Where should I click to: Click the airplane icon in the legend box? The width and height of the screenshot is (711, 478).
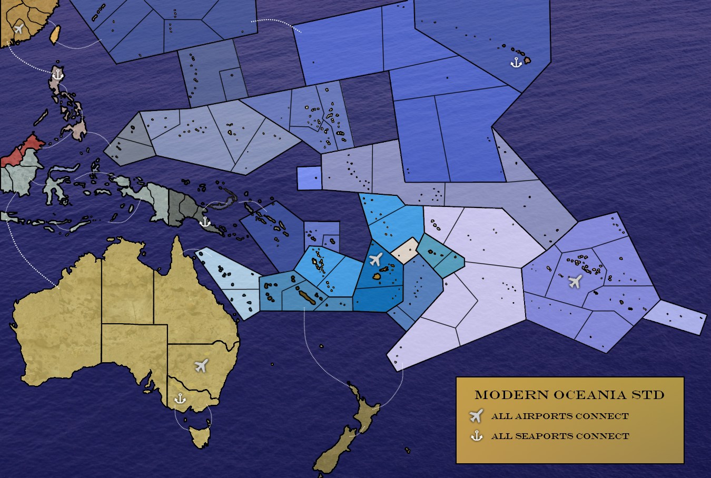pos(476,416)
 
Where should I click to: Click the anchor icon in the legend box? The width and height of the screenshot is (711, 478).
pos(476,436)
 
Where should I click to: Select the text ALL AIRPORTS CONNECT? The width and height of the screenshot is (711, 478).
pos(560,416)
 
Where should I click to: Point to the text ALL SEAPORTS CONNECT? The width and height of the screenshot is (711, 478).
pos(560,436)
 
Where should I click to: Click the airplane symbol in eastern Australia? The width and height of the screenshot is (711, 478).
pos(201,365)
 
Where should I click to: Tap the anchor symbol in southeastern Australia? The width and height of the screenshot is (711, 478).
pos(180,398)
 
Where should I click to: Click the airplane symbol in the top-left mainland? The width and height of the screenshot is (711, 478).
pos(19,28)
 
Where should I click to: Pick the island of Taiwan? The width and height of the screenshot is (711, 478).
pos(54,33)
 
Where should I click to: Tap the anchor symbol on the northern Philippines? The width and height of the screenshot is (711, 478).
pos(57,74)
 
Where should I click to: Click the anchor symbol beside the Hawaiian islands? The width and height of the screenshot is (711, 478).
pos(516,63)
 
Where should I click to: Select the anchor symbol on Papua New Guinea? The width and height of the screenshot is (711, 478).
pos(204,222)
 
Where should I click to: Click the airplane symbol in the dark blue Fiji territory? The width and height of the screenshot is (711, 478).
pos(376,259)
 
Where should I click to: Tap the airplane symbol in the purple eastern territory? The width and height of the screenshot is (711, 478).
pos(575,281)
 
